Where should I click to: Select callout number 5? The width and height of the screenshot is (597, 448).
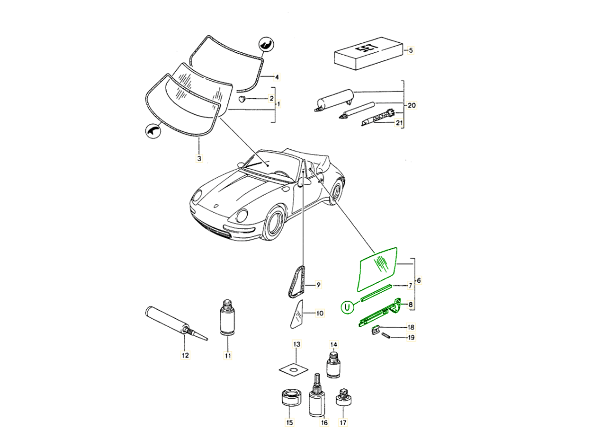(411, 50)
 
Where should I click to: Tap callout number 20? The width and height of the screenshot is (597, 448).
(411, 105)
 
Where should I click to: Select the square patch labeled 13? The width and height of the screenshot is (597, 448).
(295, 368)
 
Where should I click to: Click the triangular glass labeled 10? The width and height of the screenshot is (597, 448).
(298, 314)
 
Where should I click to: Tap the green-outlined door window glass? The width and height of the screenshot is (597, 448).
(377, 268)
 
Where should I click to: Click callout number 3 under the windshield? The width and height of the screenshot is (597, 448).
(199, 159)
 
